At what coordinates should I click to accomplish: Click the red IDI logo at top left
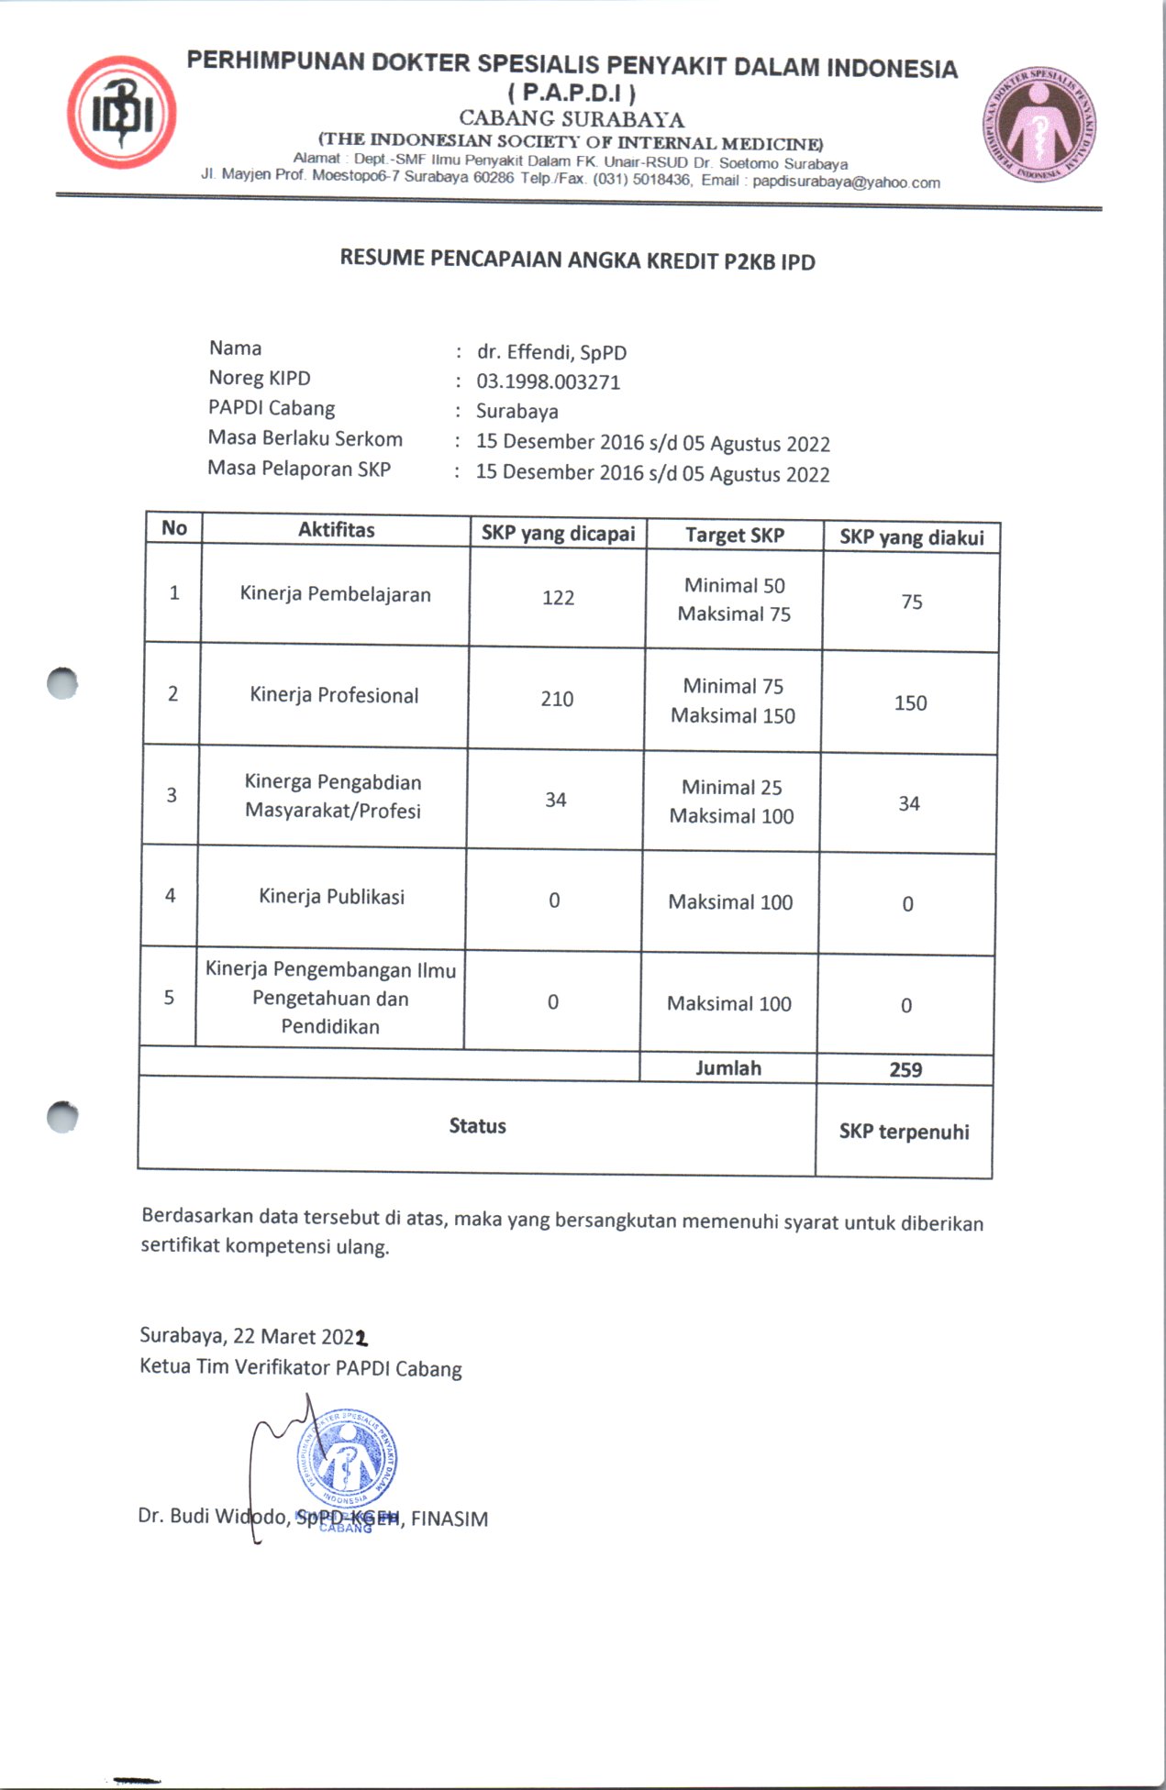click(x=121, y=113)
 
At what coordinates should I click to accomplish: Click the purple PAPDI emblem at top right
click(x=1039, y=124)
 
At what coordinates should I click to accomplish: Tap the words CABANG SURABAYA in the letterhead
click(x=572, y=118)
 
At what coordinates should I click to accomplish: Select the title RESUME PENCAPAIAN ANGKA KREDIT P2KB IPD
click(x=577, y=260)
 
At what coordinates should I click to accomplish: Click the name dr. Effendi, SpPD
click(x=551, y=352)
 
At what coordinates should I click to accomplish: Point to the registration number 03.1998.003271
click(x=548, y=381)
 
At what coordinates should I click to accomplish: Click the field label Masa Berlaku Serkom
click(x=305, y=438)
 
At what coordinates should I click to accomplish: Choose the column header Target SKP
click(x=734, y=536)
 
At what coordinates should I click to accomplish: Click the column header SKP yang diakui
click(x=911, y=537)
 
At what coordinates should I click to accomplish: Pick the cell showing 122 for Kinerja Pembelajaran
click(x=558, y=598)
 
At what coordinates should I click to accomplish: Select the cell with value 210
click(x=557, y=699)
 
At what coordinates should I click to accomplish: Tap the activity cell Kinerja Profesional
click(x=334, y=695)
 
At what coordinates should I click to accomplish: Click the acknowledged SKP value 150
click(x=910, y=703)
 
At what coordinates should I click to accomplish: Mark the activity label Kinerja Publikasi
click(x=331, y=896)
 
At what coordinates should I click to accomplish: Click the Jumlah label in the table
click(x=727, y=1068)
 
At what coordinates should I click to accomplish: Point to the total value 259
click(x=905, y=1070)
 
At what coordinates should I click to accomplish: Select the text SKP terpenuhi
click(x=904, y=1132)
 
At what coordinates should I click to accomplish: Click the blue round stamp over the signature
click(x=347, y=1459)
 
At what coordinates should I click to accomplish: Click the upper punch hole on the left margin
click(x=62, y=683)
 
